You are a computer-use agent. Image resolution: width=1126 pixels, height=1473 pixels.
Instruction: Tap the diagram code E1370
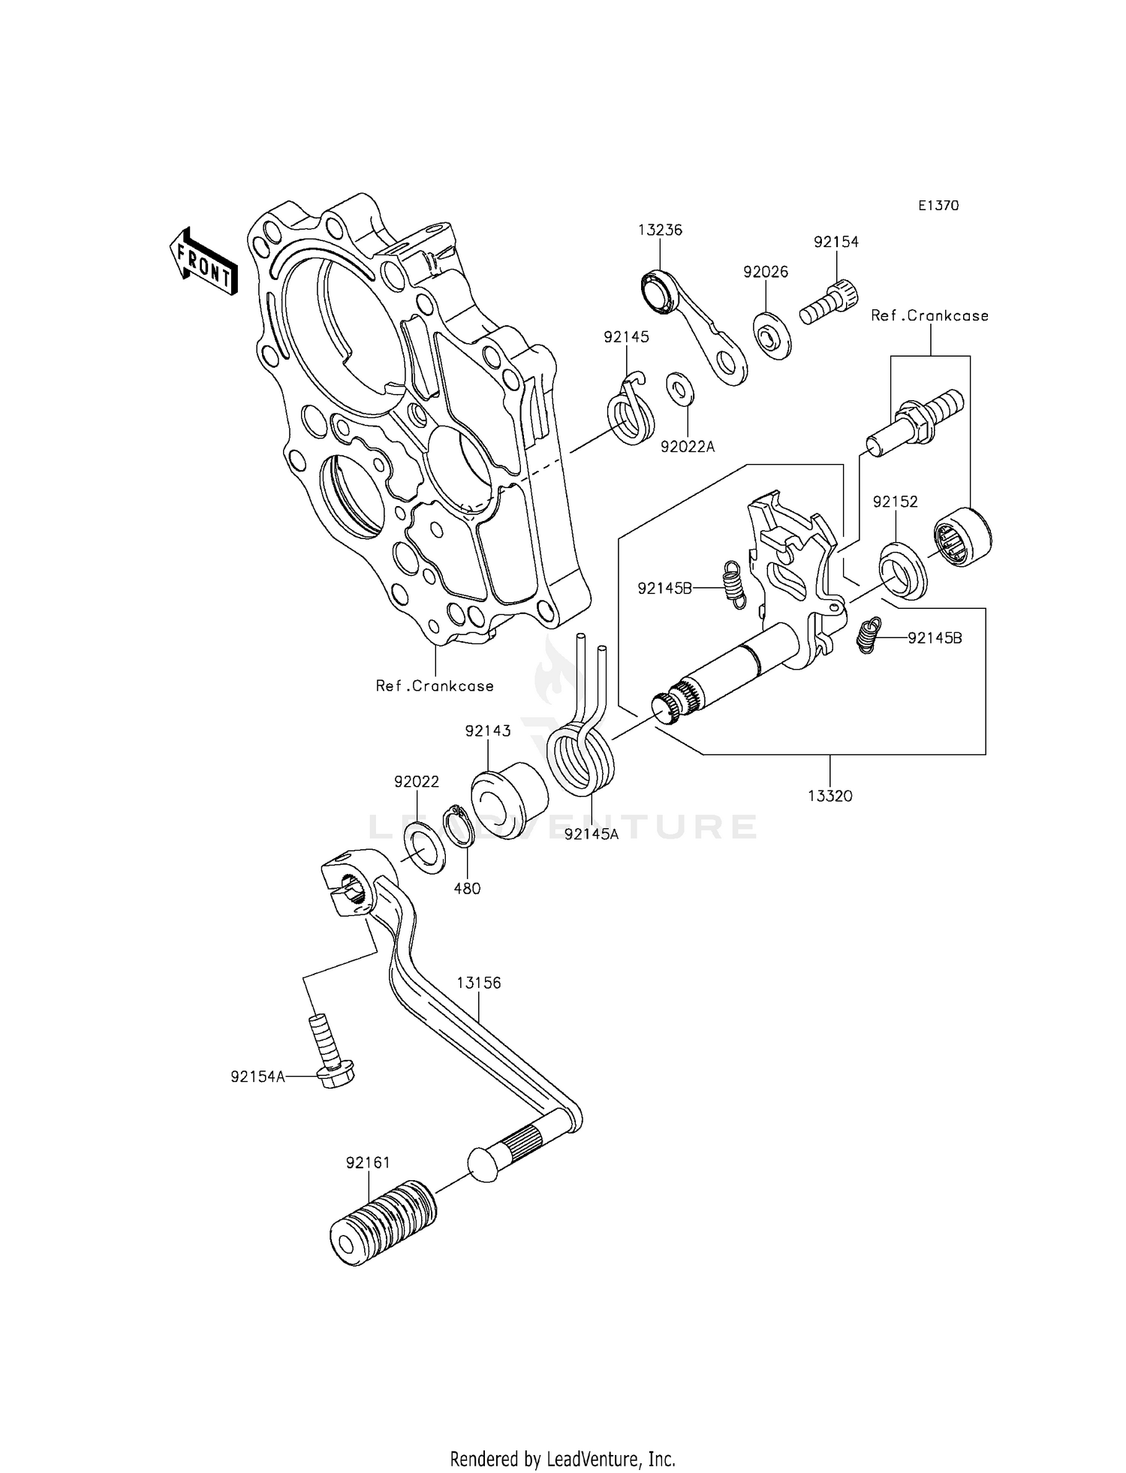(x=938, y=206)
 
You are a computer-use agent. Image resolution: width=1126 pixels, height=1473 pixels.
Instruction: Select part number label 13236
(x=661, y=230)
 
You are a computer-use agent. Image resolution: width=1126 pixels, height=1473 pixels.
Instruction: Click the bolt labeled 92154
(x=829, y=302)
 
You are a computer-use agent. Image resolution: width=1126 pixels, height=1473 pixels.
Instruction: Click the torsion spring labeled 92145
(x=630, y=413)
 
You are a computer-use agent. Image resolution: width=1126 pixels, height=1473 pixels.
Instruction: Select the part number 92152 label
(x=895, y=502)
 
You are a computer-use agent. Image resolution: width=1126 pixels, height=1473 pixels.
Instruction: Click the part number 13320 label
(x=830, y=796)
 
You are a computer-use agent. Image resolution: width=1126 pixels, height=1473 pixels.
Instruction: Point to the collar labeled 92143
(x=508, y=800)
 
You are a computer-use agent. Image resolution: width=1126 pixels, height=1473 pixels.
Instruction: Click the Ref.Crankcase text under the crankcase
(x=435, y=685)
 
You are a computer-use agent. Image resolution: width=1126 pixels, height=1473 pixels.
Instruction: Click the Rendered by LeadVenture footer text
(x=562, y=1459)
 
